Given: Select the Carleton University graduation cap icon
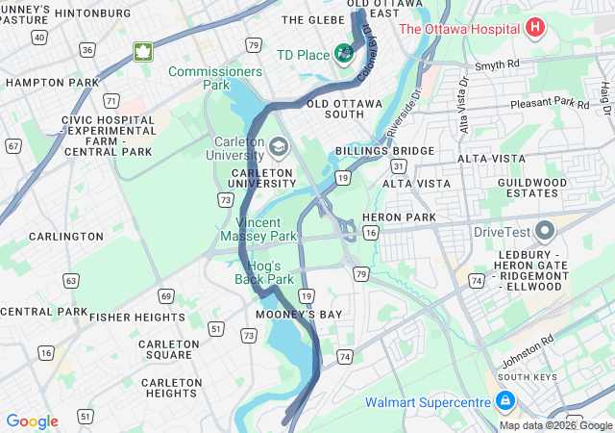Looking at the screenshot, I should [x=279, y=147].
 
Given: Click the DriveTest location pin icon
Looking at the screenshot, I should [x=546, y=232].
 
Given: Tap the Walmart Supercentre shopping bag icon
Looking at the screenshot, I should [x=504, y=400].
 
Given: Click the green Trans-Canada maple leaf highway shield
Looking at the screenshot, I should [x=143, y=52].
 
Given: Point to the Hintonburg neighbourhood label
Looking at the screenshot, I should [x=93, y=13].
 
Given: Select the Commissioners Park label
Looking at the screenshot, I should [x=214, y=78].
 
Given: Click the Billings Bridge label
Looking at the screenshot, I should [x=384, y=152].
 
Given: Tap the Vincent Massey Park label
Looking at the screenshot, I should [x=258, y=228].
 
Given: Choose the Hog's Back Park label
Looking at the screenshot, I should [x=264, y=272].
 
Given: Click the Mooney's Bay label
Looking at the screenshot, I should [x=299, y=315].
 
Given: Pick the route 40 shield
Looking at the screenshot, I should [x=38, y=37].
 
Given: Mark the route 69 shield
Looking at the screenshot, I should [x=165, y=296].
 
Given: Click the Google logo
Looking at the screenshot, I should [x=32, y=421].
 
